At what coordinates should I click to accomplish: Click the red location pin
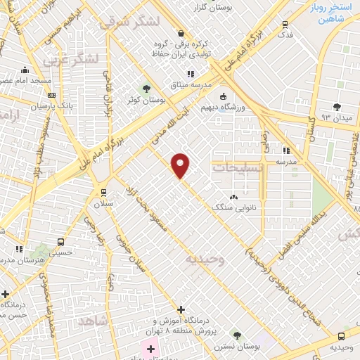pos(181,165)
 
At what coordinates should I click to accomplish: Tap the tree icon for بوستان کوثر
pos(146,88)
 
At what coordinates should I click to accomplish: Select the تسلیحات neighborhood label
pos(236,167)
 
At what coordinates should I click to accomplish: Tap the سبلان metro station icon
pos(104,193)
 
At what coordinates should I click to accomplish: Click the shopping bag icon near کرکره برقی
pos(181,33)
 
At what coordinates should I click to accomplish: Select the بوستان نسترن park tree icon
pos(236,335)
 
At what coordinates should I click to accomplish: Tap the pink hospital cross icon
pos(150,348)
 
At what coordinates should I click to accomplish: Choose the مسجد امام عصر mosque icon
pos(26,70)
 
